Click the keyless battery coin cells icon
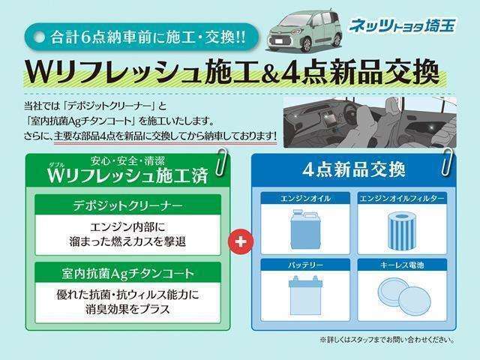pyautogui.click(x=403, y=294)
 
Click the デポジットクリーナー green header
pyautogui.click(x=127, y=204)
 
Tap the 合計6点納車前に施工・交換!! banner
pyautogui.click(x=139, y=35)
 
